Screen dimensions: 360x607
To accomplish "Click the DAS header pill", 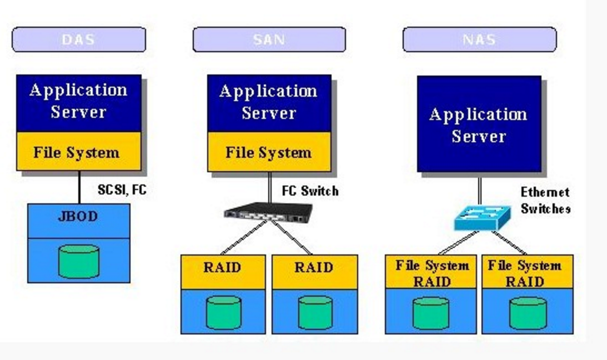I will click(79, 40).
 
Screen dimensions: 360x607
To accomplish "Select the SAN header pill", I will click(269, 40).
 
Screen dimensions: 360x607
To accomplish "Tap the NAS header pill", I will click(479, 40).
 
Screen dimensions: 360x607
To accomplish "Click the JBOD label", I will click(78, 217).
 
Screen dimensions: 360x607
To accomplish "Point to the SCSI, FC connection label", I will click(122, 190).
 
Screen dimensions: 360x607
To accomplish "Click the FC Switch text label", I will click(310, 191).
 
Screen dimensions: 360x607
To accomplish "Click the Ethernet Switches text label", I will click(545, 201).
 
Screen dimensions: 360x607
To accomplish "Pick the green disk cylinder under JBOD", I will click(79, 261).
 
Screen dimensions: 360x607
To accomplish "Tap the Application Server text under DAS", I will click(78, 101).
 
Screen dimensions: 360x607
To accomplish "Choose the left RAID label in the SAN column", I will click(222, 267).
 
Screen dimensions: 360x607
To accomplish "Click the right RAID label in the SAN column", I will click(314, 267).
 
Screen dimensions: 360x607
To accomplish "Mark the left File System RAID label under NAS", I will click(431, 273).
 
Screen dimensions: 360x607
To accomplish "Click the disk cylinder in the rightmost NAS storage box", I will click(528, 313).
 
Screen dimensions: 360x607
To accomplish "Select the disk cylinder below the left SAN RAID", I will click(224, 312).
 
